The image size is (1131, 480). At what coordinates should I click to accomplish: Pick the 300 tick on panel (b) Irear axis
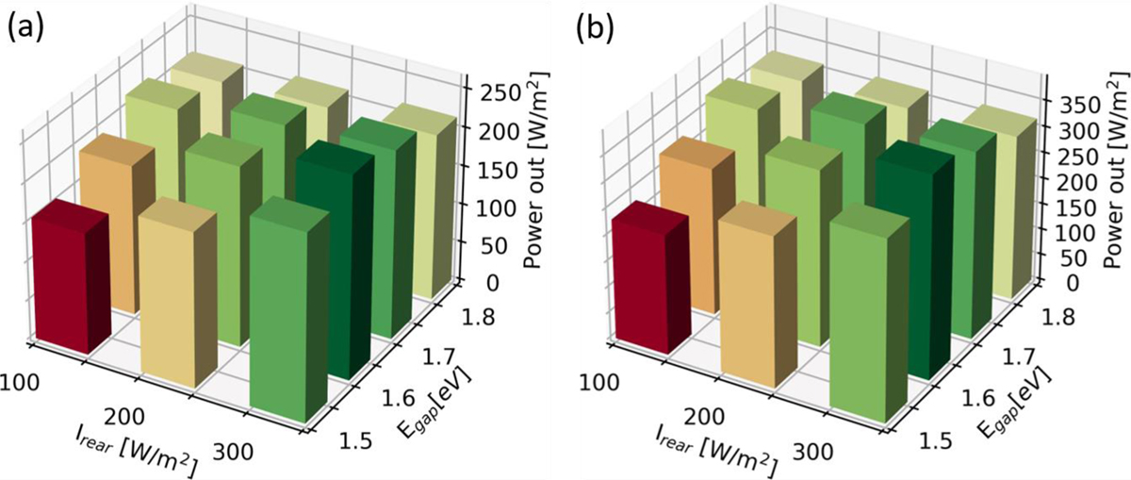pos(816,452)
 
